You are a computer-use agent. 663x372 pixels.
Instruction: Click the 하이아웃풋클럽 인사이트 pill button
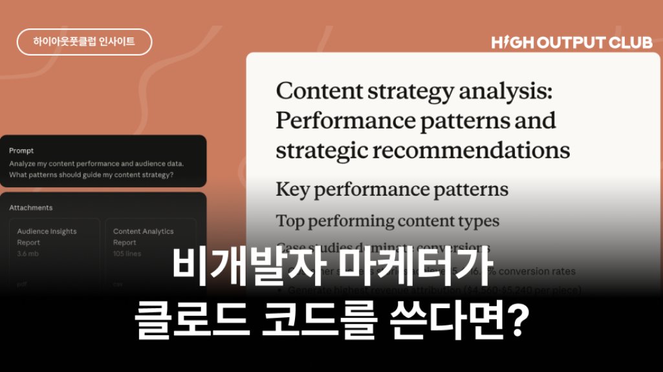click(x=84, y=42)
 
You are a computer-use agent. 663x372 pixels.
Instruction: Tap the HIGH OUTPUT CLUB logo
click(x=571, y=43)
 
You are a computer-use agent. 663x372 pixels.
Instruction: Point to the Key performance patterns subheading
click(x=391, y=190)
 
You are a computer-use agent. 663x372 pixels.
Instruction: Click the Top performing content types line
click(x=387, y=221)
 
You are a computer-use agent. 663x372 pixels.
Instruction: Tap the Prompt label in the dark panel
click(x=21, y=150)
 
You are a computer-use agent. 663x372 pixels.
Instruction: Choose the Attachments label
click(x=31, y=208)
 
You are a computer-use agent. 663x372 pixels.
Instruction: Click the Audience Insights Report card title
click(x=47, y=236)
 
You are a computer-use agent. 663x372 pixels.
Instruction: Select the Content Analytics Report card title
click(x=143, y=236)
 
